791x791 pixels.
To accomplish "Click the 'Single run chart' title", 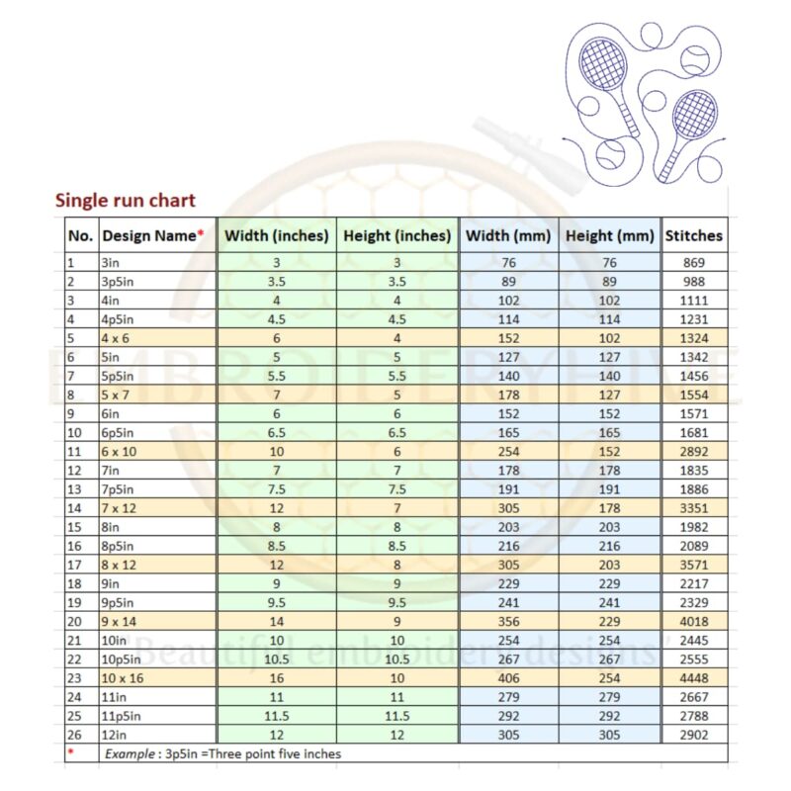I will pos(125,201).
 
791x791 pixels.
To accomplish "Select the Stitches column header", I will pos(693,236).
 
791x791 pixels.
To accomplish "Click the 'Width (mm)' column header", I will pos(508,236).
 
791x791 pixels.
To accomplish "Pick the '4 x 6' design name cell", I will pos(117,338).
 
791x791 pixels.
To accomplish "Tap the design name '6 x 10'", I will pos(120,452).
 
